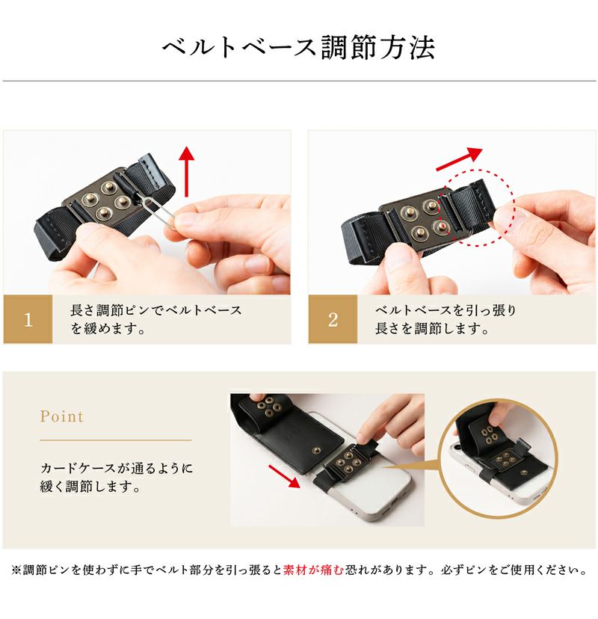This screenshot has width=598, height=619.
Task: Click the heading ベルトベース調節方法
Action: [299, 48]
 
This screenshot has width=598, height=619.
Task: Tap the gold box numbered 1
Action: [28, 319]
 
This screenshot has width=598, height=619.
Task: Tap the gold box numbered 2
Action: [333, 319]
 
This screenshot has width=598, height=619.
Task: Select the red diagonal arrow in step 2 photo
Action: [459, 159]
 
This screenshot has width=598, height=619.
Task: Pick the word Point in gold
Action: [61, 416]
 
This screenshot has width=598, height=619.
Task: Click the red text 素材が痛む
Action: [313, 570]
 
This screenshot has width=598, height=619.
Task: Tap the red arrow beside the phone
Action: [284, 476]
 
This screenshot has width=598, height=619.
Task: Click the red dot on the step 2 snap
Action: [444, 226]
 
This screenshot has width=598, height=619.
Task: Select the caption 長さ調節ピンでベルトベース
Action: [156, 310]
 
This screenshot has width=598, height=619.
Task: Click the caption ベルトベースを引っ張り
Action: [446, 310]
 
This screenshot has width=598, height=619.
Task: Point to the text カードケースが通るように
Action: [117, 468]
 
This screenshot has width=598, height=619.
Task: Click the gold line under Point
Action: [116, 440]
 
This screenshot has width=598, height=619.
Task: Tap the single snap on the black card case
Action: [315, 449]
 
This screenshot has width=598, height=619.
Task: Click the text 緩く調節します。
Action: [90, 487]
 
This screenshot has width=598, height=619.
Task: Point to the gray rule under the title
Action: [299, 81]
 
